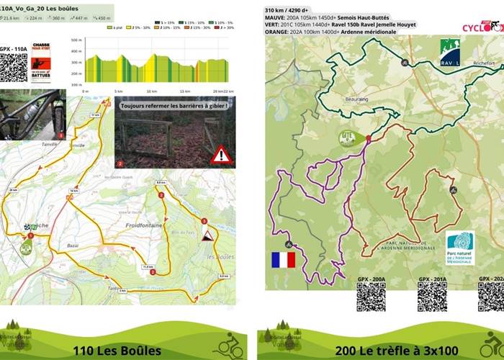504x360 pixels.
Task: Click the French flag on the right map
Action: (x=283, y=259)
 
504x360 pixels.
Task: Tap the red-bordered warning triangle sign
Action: (x=221, y=155)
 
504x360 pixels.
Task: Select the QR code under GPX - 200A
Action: (x=371, y=297)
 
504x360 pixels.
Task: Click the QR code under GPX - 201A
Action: (x=432, y=297)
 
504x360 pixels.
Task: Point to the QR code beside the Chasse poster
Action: (x=14, y=67)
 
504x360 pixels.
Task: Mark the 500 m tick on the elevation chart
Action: (x=77, y=41)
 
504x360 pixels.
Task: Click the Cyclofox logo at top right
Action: (x=482, y=27)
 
